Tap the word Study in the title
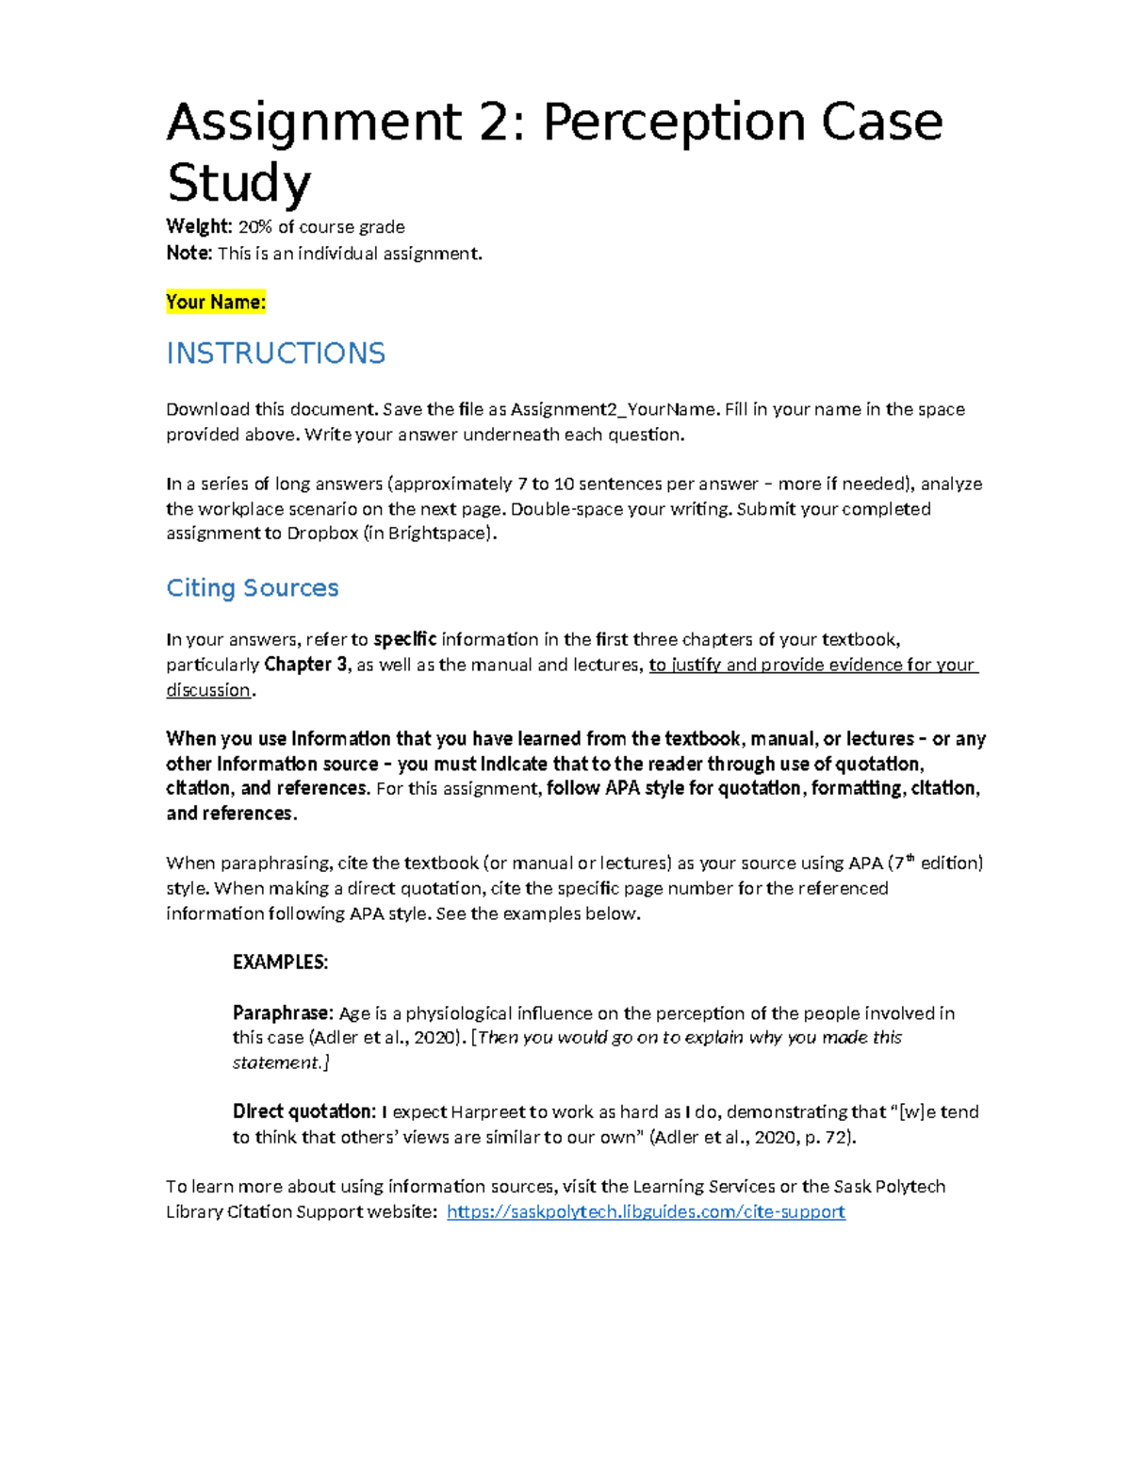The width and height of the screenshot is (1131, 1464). [238, 182]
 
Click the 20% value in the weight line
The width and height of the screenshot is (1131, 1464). [255, 227]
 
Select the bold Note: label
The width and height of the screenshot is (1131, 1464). [188, 254]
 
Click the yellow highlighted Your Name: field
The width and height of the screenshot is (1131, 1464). [216, 303]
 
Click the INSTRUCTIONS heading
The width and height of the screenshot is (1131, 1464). [275, 354]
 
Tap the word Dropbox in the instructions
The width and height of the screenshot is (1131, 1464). [322, 534]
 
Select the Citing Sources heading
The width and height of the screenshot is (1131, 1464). [252, 588]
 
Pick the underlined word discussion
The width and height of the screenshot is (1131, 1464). [208, 690]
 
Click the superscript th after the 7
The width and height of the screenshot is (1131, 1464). [910, 858]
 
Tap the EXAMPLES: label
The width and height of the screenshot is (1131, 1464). [280, 962]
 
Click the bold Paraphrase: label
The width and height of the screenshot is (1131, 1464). [283, 1013]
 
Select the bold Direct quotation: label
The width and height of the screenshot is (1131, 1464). [303, 1111]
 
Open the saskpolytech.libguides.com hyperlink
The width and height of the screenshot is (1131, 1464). [646, 1212]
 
